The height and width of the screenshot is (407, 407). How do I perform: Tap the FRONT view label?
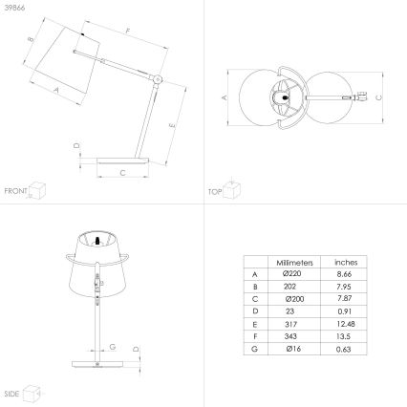pyautogui.click(x=14, y=192)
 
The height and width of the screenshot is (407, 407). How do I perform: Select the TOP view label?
pyautogui.click(x=215, y=192)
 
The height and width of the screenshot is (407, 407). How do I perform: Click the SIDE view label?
pyautogui.click(x=11, y=393)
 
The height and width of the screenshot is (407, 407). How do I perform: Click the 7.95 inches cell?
pyautogui.click(x=345, y=287)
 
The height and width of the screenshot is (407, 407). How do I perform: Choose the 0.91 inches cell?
pyautogui.click(x=345, y=311)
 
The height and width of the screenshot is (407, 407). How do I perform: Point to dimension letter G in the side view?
pyautogui.click(x=114, y=347)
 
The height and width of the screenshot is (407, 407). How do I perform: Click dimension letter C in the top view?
pyautogui.click(x=378, y=97)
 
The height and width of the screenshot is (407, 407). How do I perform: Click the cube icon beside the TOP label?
pyautogui.click(x=232, y=189)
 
